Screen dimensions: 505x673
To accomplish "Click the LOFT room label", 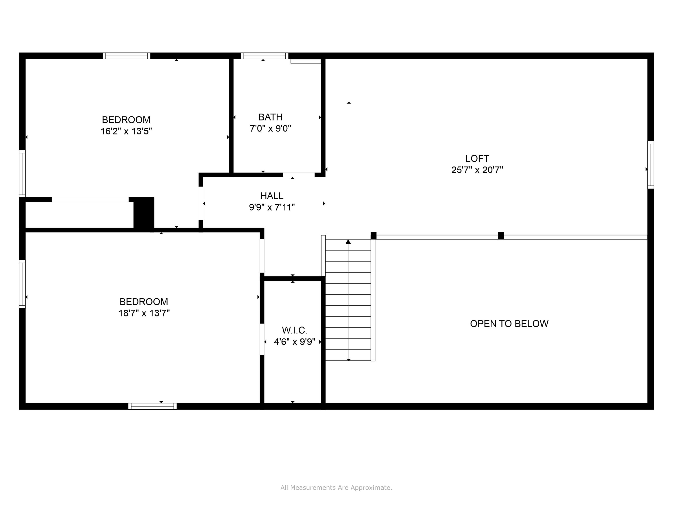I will pos(477,159).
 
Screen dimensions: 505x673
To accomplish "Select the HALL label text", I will pos(272,196).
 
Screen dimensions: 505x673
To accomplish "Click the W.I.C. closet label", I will pos(295,330).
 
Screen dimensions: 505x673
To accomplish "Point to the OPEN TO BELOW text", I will pos(509,324).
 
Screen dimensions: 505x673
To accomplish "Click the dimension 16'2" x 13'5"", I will pos(126,131).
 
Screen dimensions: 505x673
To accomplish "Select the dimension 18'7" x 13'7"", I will pos(144,313).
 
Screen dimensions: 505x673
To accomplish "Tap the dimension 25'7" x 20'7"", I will pos(477,170).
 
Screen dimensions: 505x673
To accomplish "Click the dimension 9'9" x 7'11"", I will pos(272,207).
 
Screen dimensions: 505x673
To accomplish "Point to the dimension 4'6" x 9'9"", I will pos(295,342).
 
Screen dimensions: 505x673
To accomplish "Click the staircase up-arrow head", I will pos(348,242).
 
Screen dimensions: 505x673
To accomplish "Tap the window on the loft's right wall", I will pos(651,165).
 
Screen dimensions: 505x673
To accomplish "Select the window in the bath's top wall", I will pos(264,56).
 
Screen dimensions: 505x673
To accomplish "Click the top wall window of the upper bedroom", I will pos(127,56).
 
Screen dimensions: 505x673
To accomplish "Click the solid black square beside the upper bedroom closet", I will pos(144,213).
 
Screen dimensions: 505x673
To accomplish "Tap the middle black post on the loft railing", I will pos(501,236).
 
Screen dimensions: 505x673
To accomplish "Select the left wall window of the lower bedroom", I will pos(22,284).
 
